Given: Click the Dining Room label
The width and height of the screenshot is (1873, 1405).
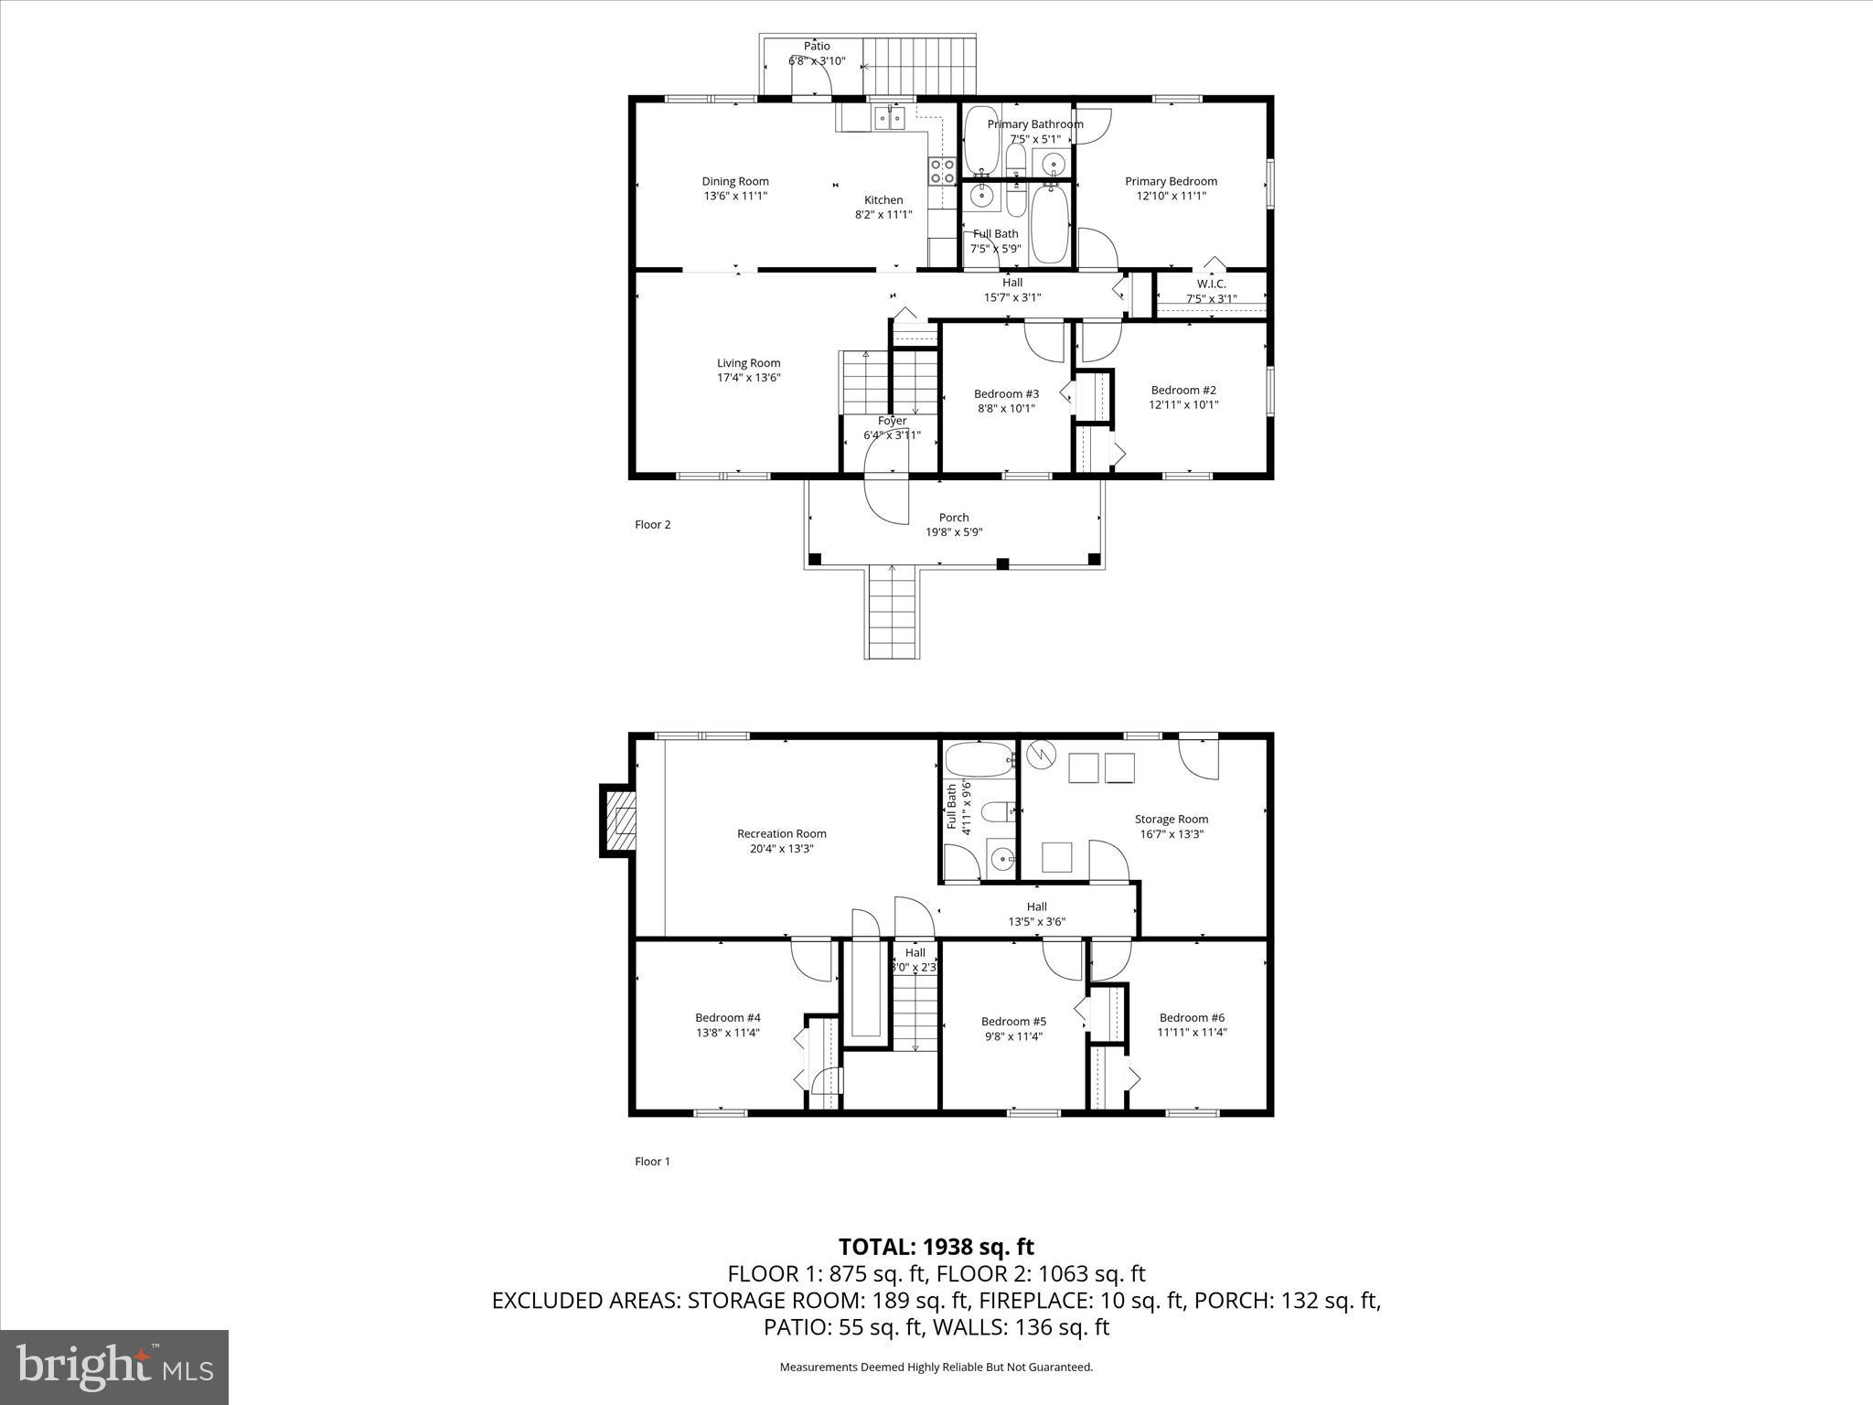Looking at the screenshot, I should click(x=734, y=181).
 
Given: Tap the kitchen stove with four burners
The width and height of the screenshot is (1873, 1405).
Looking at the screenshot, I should click(x=942, y=170).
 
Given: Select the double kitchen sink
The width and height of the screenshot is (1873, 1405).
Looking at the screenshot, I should click(x=888, y=118).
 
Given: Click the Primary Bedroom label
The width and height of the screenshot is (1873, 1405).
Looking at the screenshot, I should click(x=1171, y=181).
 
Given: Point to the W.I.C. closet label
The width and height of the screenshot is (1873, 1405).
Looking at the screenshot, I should click(x=1211, y=284).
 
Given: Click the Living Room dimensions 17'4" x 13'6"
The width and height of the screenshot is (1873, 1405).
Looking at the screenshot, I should click(x=748, y=378).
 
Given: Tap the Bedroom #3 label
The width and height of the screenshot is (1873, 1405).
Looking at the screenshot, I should click(x=1006, y=394).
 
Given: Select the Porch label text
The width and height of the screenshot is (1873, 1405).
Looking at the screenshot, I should click(x=953, y=518).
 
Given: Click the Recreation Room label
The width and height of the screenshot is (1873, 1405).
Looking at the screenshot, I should click(x=781, y=833).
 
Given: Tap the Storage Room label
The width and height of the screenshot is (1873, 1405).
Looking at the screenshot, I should click(x=1171, y=820).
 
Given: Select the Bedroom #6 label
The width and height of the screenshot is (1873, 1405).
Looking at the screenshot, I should click(x=1192, y=1017).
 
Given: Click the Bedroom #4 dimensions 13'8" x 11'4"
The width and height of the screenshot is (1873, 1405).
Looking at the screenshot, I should click(x=727, y=1033).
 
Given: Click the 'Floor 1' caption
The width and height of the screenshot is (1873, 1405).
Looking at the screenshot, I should click(x=652, y=1162).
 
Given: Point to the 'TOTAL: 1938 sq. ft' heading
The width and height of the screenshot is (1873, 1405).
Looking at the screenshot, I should click(x=936, y=1247).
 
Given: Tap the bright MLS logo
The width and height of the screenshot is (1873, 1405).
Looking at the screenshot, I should click(x=114, y=1367).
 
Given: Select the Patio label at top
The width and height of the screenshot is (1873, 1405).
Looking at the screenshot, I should click(x=817, y=46).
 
